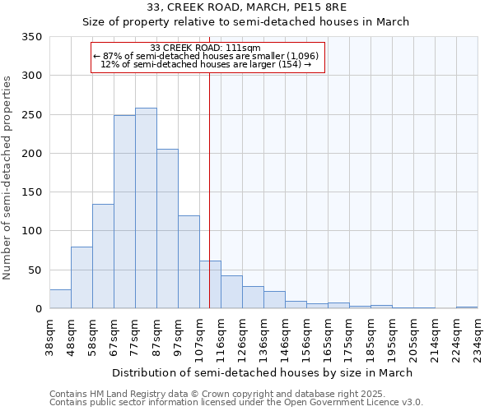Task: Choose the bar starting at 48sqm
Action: pos(82,278)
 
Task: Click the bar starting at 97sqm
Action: pos(189,262)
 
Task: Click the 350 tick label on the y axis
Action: pos(31,37)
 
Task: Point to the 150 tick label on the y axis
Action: pos(31,192)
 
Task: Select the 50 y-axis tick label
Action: pos(35,270)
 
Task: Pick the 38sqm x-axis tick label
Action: pos(49,337)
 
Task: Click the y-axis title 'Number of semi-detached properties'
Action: pos(8,177)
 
